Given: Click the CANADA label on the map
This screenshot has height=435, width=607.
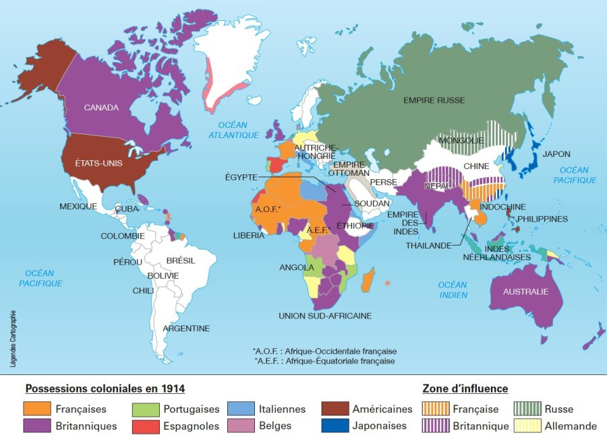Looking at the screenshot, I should point(102,108).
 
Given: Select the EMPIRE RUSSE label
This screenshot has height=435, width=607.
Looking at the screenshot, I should point(434,100).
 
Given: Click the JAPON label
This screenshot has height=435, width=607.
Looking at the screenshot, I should point(556,154).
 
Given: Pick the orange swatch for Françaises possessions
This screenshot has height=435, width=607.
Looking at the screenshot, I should point(37,409).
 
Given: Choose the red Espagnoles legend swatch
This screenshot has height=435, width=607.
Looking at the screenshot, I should point(145,426).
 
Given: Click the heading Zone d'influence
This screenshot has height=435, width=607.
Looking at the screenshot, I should point(465,389).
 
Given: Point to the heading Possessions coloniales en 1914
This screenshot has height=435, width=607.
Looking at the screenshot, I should point(105,389).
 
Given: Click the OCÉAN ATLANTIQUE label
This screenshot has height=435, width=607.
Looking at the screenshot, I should point(233,130).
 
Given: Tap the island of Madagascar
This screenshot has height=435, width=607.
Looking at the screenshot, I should point(368,279).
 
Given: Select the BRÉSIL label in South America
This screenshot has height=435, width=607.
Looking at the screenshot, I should point(180,260).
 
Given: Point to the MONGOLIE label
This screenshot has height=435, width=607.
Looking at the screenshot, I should point(461,141).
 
